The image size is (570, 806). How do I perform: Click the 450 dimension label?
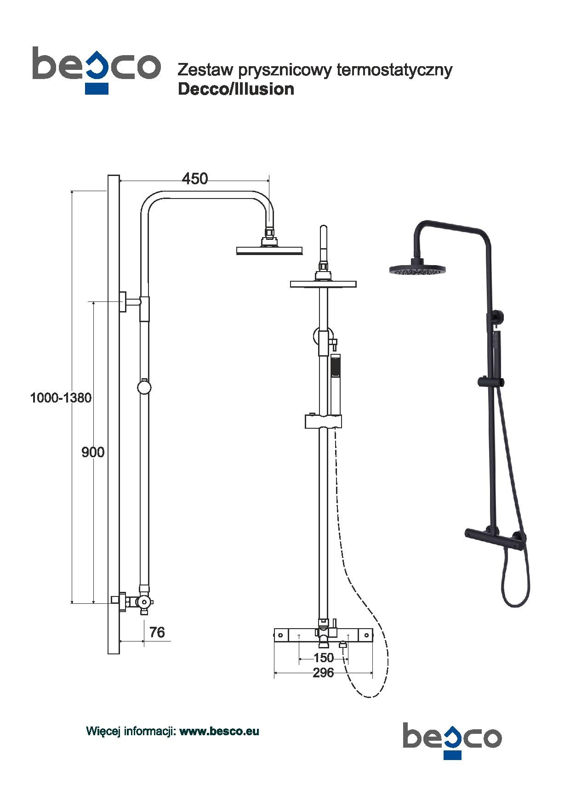point(195,178)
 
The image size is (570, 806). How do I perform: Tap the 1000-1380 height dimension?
point(61,397)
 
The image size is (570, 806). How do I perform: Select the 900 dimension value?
point(93,452)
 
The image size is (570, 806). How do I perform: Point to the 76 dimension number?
point(157,632)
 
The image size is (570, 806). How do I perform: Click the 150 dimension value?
point(324,658)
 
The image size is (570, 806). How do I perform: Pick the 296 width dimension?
point(323,673)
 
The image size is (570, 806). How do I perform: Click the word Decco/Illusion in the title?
point(236,89)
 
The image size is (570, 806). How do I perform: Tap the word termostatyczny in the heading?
point(394,70)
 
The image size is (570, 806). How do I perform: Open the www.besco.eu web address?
point(219,731)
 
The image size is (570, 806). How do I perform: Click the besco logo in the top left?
point(96,69)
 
